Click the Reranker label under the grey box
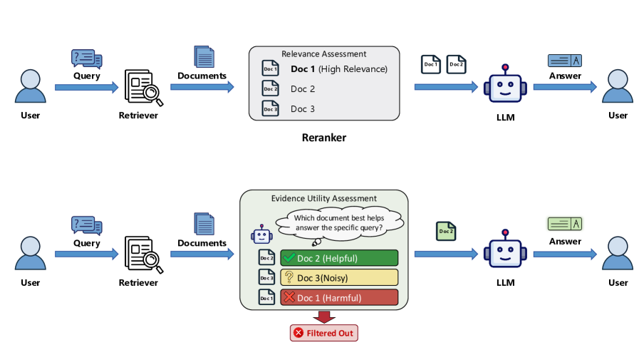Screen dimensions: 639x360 pos(324,138)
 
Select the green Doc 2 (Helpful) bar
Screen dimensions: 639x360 pos(339,258)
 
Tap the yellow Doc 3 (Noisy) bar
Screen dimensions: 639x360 pos(339,277)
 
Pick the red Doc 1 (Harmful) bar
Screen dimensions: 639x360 pos(339,297)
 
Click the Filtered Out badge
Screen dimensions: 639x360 pos(324,333)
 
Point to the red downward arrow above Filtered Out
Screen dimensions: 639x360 pos(324,317)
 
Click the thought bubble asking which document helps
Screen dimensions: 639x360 pos(340,223)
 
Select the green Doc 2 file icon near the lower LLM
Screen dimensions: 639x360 pos(446,231)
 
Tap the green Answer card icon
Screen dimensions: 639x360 pos(565,224)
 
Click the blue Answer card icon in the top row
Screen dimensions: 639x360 pos(565,61)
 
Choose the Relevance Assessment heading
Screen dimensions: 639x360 pos(324,53)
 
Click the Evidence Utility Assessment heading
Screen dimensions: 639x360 pos(324,199)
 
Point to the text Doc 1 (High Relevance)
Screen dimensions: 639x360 pos(339,69)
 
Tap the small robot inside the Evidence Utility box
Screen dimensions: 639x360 pos(261,235)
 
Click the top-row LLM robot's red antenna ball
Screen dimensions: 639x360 pos(505,67)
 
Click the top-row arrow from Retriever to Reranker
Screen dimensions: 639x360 pos(202,87)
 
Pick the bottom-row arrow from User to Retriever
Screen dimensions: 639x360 pos(86,254)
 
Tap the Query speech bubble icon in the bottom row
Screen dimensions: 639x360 pos(87,225)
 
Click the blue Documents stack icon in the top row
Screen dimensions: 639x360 pos(204,56)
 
